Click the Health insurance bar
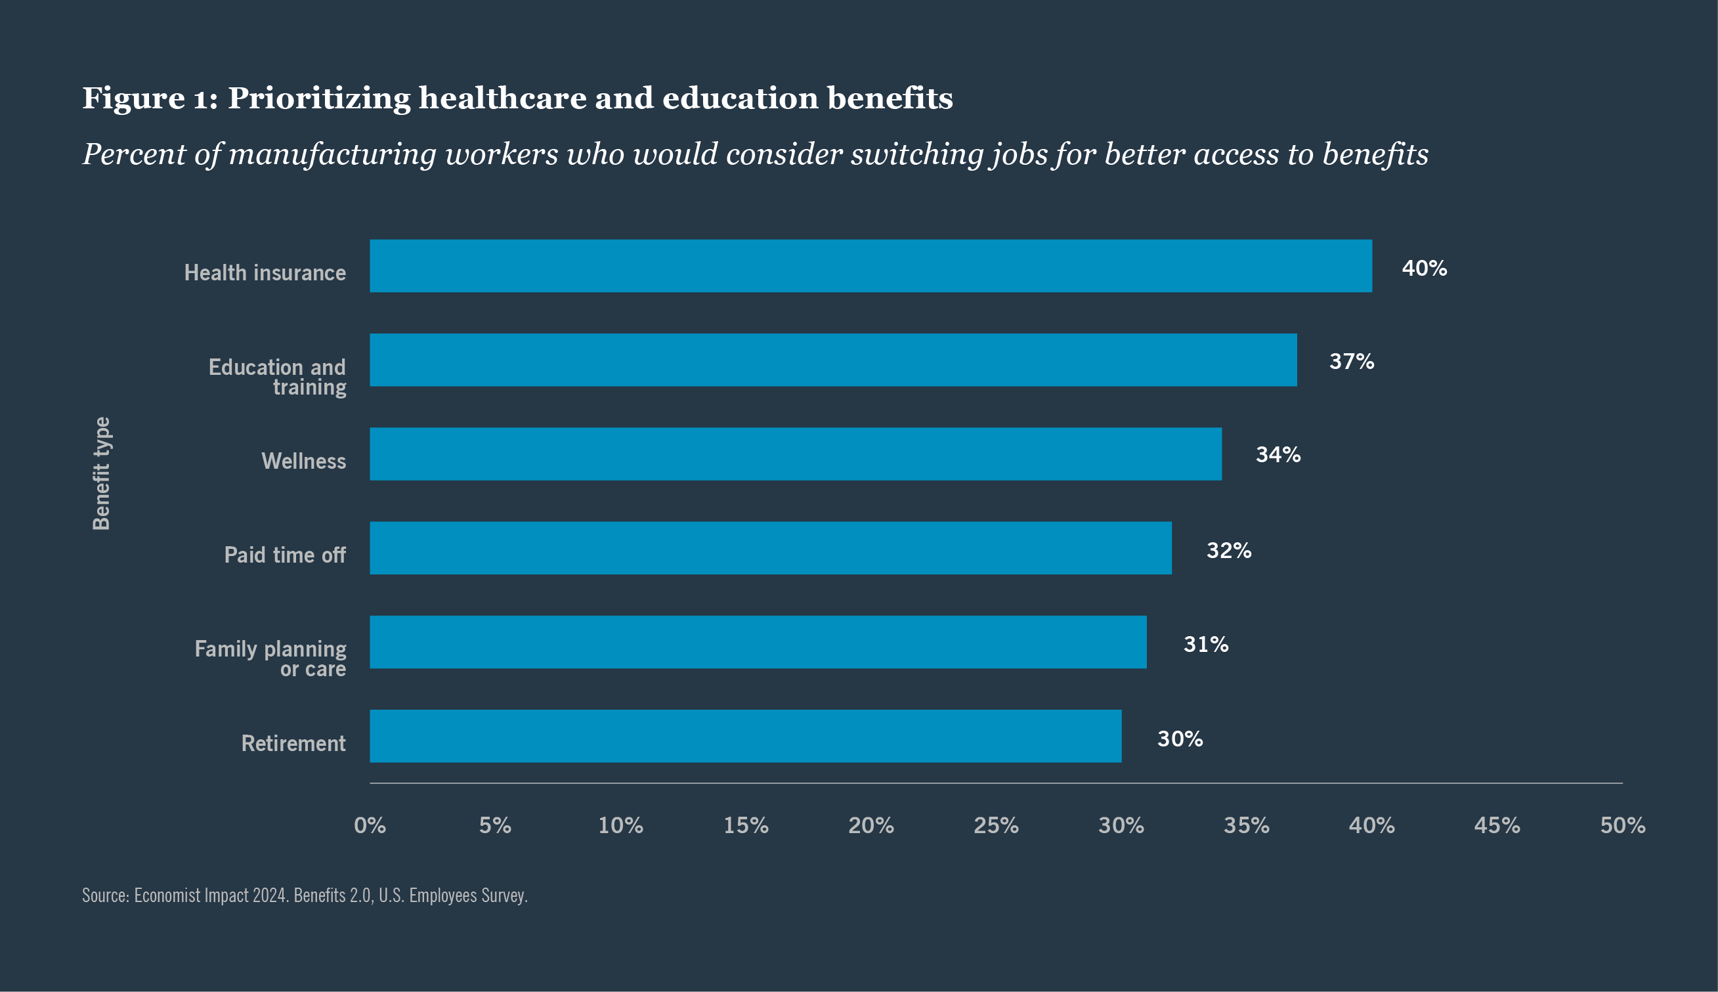click(870, 266)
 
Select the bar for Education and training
click(833, 360)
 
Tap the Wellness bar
click(796, 454)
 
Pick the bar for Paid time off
click(771, 548)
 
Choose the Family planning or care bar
click(758, 642)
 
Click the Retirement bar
click(745, 736)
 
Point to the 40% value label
click(1424, 269)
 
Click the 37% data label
click(1352, 361)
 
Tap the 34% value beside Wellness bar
click(1278, 454)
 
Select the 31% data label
click(1206, 644)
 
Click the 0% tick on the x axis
click(370, 825)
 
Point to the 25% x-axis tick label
click(996, 825)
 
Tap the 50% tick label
click(1623, 825)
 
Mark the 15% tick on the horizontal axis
click(746, 825)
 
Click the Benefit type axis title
click(102, 473)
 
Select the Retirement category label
click(293, 743)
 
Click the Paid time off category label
click(285, 555)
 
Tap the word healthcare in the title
click(502, 98)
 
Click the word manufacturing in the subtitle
click(332, 155)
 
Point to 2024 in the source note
click(270, 895)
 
